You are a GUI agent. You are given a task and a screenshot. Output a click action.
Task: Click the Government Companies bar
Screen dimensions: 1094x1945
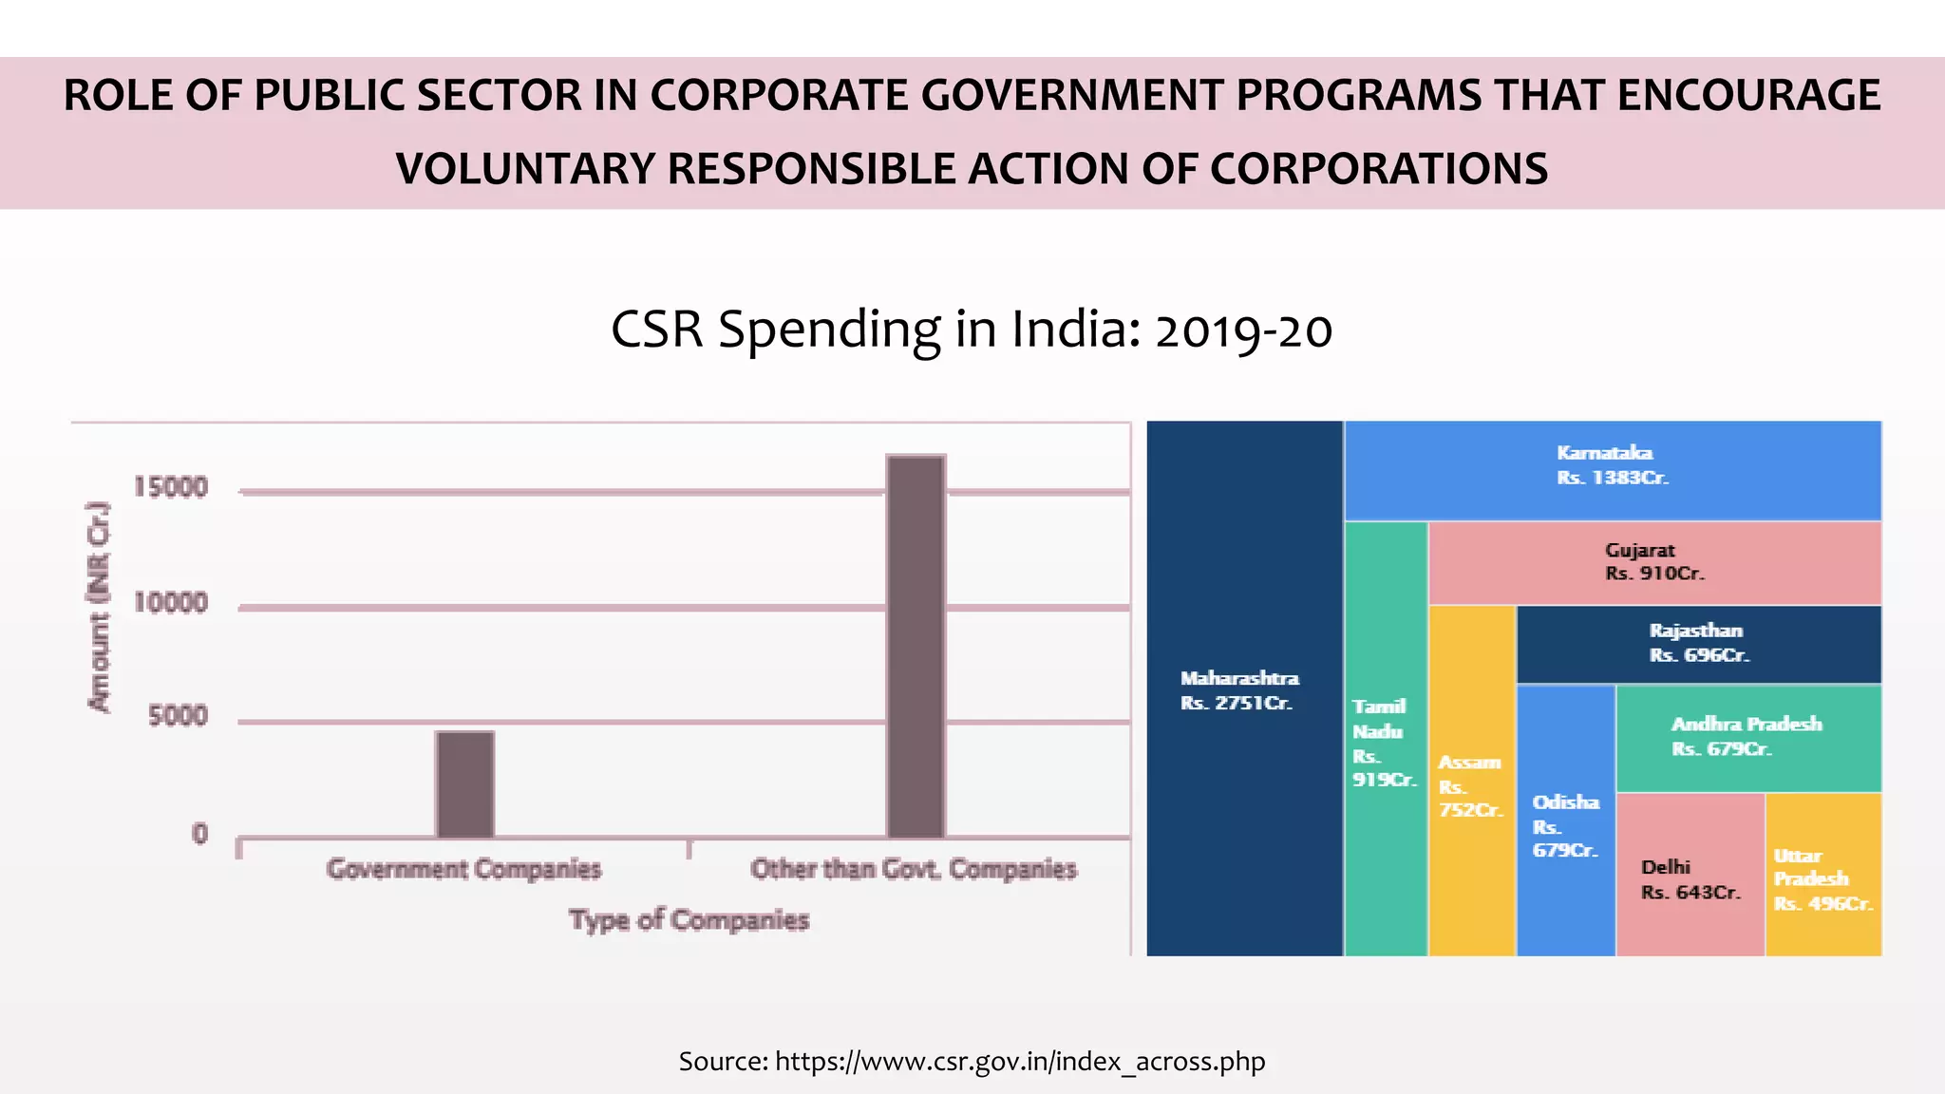pos(464,784)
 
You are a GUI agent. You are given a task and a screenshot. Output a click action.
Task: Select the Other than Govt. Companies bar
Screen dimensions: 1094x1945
pos(916,646)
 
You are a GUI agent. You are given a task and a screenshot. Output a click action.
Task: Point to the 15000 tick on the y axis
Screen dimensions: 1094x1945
pos(170,487)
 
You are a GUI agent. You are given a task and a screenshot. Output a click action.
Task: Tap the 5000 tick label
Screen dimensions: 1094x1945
pos(178,716)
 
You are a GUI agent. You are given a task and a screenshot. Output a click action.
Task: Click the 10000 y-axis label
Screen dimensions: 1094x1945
pos(170,602)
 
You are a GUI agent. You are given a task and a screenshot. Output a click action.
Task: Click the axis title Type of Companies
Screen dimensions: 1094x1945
pos(689,919)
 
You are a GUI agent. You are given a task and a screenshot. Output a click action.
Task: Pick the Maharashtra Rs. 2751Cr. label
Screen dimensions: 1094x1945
pos(1238,690)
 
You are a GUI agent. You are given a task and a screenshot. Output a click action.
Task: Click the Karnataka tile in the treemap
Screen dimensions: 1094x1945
pos(1613,470)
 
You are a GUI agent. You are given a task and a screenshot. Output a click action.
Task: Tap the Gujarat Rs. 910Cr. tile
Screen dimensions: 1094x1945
pos(1654,562)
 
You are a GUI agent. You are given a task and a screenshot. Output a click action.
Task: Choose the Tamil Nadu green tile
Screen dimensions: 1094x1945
pos(1385,741)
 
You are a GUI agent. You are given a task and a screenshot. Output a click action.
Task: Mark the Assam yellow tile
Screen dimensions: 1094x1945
pos(1470,784)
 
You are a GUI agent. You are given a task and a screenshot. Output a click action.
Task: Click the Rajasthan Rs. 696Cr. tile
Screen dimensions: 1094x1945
pos(1698,643)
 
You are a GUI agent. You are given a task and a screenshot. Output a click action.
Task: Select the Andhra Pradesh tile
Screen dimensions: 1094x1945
pos(1747,736)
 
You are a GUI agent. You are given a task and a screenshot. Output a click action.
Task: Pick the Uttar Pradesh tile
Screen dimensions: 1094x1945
pos(1822,878)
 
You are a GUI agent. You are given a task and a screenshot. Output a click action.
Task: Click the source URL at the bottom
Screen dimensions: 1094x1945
pos(1020,1061)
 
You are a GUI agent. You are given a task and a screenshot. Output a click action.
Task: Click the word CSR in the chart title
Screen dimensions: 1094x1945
pos(656,330)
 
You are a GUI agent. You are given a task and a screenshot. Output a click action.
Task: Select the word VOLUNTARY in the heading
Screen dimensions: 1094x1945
pos(525,169)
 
